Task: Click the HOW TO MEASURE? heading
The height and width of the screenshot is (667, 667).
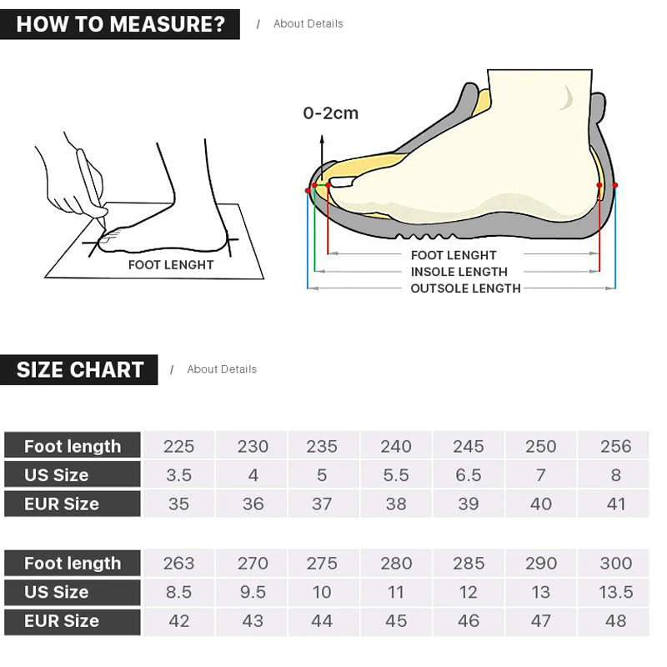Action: [121, 24]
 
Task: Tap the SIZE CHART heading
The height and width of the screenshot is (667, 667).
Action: [80, 369]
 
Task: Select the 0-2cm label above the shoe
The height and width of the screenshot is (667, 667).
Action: [330, 113]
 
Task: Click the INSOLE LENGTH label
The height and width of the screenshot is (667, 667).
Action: [459, 272]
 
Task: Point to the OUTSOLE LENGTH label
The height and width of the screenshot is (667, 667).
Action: [465, 288]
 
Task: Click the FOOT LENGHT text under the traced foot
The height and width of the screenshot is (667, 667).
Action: [171, 265]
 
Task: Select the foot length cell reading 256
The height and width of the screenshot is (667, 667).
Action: [615, 446]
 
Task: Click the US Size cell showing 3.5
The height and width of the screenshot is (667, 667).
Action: [178, 475]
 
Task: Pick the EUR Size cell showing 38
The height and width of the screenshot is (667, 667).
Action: [396, 504]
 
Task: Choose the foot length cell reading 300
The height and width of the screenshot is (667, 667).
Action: [615, 564]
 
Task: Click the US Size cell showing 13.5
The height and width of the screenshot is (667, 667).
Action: [615, 592]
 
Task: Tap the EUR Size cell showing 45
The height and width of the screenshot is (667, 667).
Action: [396, 621]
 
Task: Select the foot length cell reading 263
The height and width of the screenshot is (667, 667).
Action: [178, 564]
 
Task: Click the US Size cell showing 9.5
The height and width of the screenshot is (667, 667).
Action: [253, 592]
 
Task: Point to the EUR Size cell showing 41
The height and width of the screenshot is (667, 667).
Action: [615, 504]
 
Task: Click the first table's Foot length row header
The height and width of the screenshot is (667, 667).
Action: [73, 446]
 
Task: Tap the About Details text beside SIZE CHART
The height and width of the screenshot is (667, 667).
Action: [222, 369]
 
